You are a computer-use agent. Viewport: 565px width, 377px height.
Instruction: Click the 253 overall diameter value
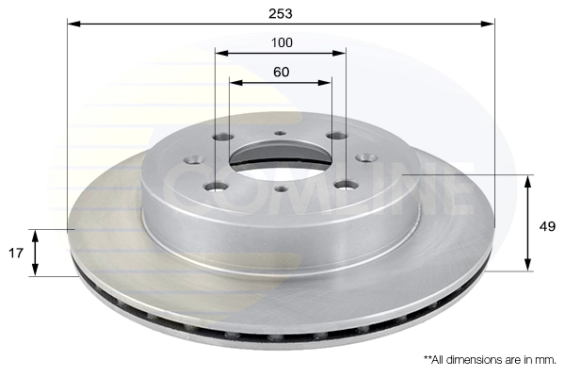pos(281,14)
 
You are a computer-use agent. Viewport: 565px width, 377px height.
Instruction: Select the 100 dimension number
pos(282,43)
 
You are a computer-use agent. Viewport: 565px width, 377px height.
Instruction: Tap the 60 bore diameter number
pos(281,73)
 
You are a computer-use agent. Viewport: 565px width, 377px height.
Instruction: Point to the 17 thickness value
pos(15,254)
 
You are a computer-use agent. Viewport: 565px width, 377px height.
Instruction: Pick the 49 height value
pos(547,226)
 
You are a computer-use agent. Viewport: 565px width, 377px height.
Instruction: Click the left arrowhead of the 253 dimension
pos(73,25)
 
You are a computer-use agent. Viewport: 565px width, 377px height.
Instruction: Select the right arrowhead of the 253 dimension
pos(488,25)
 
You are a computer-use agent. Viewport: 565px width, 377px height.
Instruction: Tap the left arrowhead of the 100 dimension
pos(222,54)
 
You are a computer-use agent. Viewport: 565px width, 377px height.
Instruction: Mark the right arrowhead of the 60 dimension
pos(324,83)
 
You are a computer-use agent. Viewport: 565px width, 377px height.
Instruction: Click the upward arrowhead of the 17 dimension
pos(35,237)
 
